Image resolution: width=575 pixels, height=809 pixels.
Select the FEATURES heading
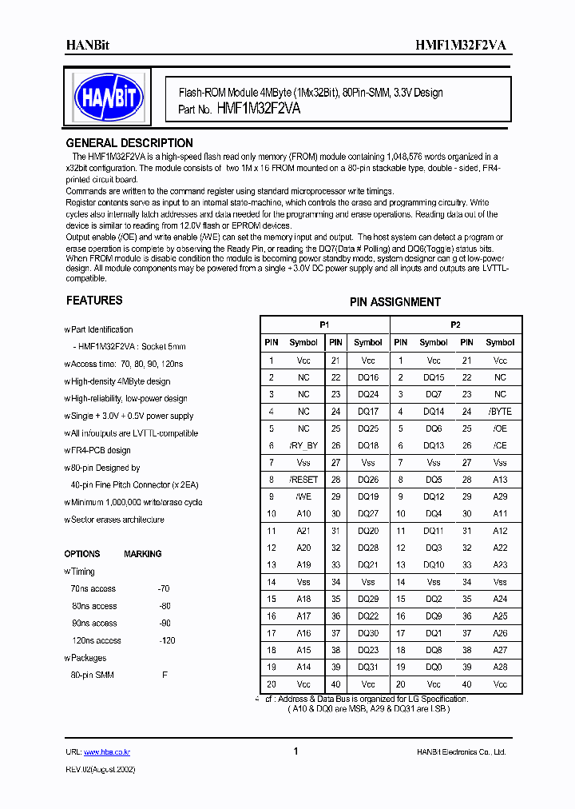coord(93,301)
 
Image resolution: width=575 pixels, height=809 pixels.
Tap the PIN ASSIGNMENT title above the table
coord(395,302)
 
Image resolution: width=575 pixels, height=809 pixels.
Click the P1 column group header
coord(324,325)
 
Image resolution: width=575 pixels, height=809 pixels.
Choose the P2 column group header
coord(455,325)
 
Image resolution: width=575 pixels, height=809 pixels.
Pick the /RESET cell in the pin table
coord(303,480)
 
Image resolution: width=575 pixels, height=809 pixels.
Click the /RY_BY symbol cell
coord(303,445)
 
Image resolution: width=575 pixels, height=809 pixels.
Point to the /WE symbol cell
coord(303,496)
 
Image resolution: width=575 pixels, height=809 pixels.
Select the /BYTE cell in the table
coord(500,412)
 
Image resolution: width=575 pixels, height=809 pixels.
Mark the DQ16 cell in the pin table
coord(368,377)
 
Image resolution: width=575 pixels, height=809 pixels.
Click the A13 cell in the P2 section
coord(500,480)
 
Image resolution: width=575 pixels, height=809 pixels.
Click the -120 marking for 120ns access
coord(166,640)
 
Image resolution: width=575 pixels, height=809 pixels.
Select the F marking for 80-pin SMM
coord(165,675)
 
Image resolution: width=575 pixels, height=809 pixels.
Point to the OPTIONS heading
coord(82,554)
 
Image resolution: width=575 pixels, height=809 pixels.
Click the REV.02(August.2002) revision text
coord(100,768)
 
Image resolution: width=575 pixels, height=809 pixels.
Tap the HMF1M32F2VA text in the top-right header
coord(460,46)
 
